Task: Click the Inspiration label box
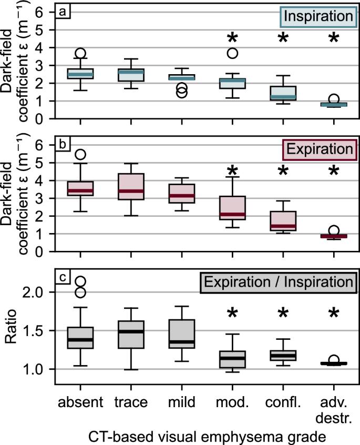[317, 16]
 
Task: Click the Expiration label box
[318, 149]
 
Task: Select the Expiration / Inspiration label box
[279, 281]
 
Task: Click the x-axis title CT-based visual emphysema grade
[207, 434]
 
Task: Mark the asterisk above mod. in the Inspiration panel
[232, 38]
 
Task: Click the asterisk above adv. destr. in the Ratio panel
[334, 315]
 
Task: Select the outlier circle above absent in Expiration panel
[80, 155]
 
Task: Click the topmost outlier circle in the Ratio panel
[80, 282]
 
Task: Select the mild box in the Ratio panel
[182, 333]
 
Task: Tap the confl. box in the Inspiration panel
[283, 93]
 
